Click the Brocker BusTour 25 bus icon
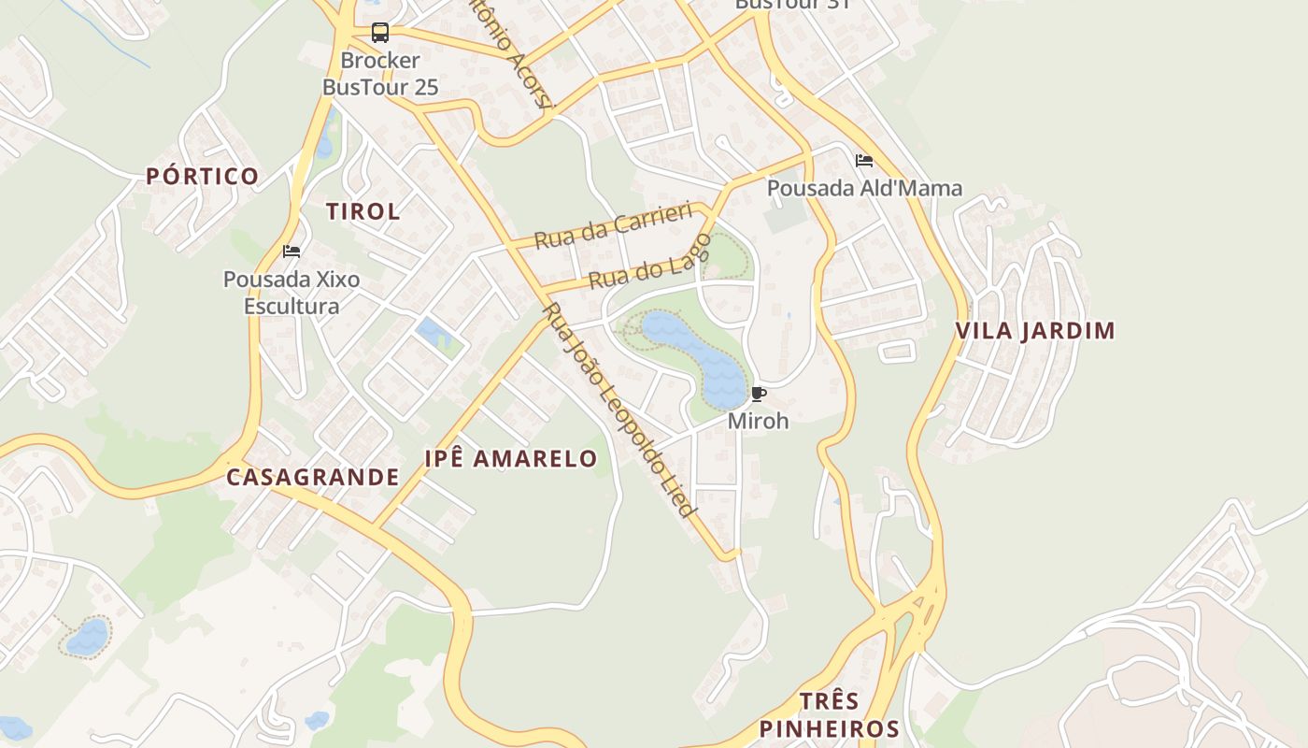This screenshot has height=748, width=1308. point(380,33)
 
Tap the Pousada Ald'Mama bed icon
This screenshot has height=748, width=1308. point(863,161)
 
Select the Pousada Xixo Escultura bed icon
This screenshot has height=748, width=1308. point(291,252)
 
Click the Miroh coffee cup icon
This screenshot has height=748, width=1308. point(758,394)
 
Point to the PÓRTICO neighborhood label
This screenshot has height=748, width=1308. point(202,177)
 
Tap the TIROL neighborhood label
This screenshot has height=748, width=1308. point(363,211)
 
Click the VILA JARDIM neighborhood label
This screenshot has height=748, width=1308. point(1035,331)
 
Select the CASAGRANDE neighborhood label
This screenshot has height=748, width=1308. point(313,477)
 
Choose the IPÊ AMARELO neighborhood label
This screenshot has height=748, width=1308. point(511,458)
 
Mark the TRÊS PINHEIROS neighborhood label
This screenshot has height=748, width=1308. point(829,715)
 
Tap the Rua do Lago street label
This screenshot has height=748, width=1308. point(649,266)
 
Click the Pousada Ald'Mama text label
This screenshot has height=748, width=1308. point(864,188)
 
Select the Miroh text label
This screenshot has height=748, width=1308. point(758,421)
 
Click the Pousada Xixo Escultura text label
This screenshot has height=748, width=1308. point(291,292)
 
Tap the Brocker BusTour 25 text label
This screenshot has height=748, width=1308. point(380,74)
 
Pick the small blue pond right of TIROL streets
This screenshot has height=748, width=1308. point(434,332)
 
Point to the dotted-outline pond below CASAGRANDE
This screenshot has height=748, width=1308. point(88,637)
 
